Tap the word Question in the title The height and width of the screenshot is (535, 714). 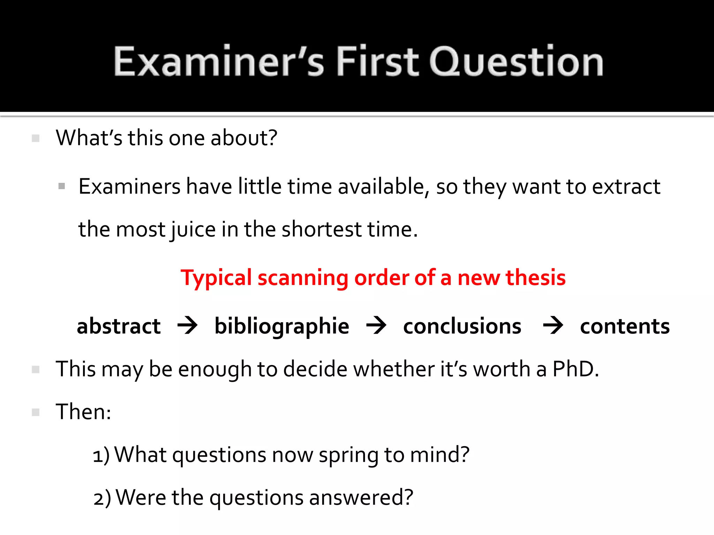[x=516, y=62]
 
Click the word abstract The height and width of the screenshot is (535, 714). [x=119, y=326]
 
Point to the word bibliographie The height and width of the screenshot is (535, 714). [x=282, y=326]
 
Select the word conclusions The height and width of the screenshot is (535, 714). [x=462, y=326]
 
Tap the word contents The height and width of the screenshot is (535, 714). [x=625, y=326]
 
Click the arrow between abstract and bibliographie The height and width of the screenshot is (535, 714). [x=188, y=326]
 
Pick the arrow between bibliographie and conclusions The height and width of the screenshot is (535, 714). [x=376, y=326]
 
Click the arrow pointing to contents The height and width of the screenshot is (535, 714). [x=553, y=326]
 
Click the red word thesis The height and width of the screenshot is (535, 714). [x=535, y=278]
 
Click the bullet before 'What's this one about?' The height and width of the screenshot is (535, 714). [x=36, y=138]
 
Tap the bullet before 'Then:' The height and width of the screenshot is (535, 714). [x=36, y=412]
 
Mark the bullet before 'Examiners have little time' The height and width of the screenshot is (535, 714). [x=62, y=186]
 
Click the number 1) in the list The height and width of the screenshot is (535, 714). [x=101, y=455]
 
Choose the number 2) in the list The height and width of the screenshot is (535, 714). [x=102, y=498]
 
